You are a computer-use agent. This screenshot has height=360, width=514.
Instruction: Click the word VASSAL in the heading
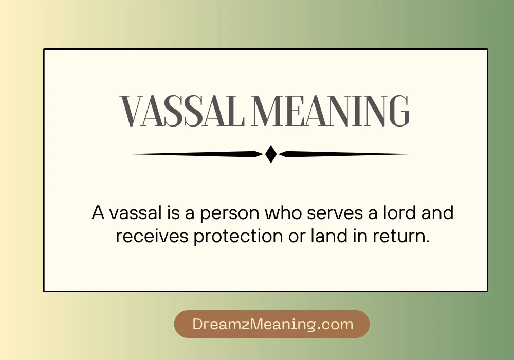pos(181,111)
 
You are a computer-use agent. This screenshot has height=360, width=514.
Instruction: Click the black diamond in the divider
pos(271,154)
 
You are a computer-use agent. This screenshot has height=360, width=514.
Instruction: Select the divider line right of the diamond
pos(347,154)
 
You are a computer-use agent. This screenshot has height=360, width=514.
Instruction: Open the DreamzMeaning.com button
pos(272,324)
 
